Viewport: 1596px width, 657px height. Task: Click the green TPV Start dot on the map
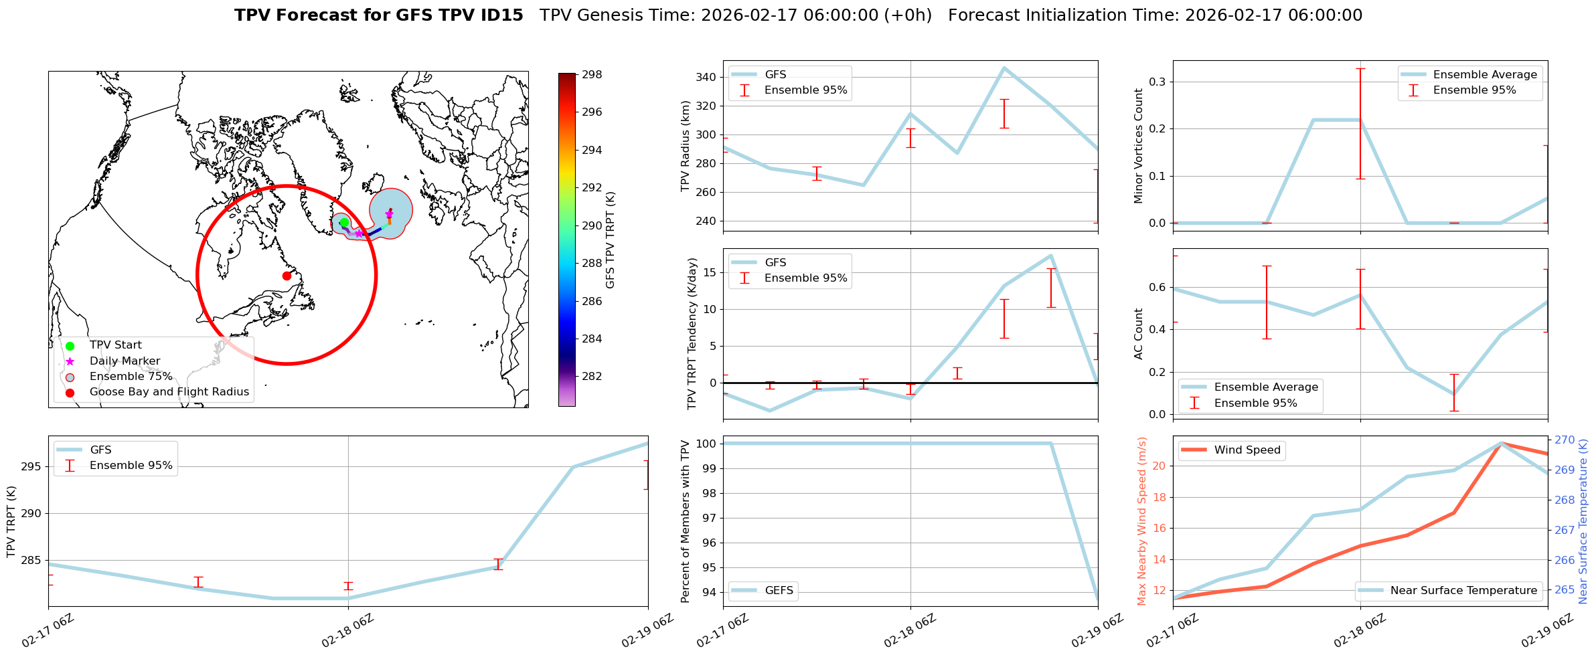click(344, 223)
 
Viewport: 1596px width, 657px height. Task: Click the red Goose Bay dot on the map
click(287, 276)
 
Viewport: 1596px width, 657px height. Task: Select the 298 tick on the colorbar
click(591, 74)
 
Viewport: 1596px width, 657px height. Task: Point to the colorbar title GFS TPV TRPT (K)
click(611, 240)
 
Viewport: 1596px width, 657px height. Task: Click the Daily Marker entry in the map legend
click(125, 361)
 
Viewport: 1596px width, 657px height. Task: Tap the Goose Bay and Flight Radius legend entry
click(169, 392)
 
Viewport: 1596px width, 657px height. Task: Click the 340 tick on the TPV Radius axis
click(708, 78)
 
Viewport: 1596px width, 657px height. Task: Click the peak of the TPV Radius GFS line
click(1004, 68)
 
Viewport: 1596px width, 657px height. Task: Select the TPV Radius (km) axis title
click(685, 146)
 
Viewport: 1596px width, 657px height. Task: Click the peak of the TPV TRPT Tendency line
click(1051, 256)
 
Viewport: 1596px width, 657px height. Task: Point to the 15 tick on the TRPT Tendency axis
click(710, 273)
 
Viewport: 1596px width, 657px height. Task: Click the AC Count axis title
click(1138, 334)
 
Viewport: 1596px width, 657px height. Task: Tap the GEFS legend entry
click(779, 591)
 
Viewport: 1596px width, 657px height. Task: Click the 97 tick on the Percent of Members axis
click(708, 518)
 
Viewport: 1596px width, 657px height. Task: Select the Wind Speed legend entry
click(1247, 450)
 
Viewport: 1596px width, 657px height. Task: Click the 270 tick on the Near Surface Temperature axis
click(1565, 440)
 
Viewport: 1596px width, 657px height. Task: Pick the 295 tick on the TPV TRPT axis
click(31, 467)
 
